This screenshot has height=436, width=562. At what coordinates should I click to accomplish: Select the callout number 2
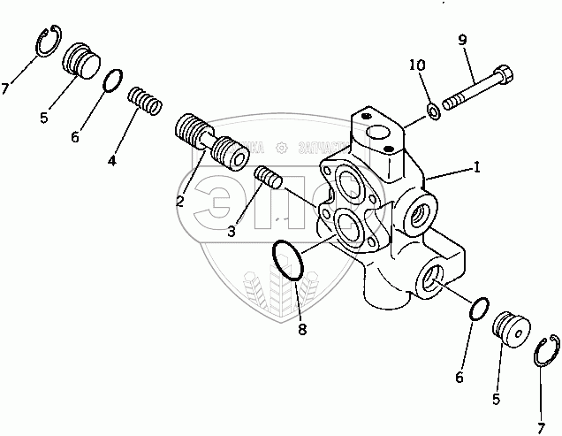click(179, 202)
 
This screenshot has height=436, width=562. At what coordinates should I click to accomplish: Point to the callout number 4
click(111, 161)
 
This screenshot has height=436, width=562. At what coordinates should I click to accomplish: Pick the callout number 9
click(463, 41)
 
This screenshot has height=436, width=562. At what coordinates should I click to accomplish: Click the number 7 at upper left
click(7, 88)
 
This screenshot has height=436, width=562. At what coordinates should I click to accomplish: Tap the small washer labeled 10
click(433, 111)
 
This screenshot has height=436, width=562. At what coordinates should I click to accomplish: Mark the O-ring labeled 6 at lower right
click(477, 310)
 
